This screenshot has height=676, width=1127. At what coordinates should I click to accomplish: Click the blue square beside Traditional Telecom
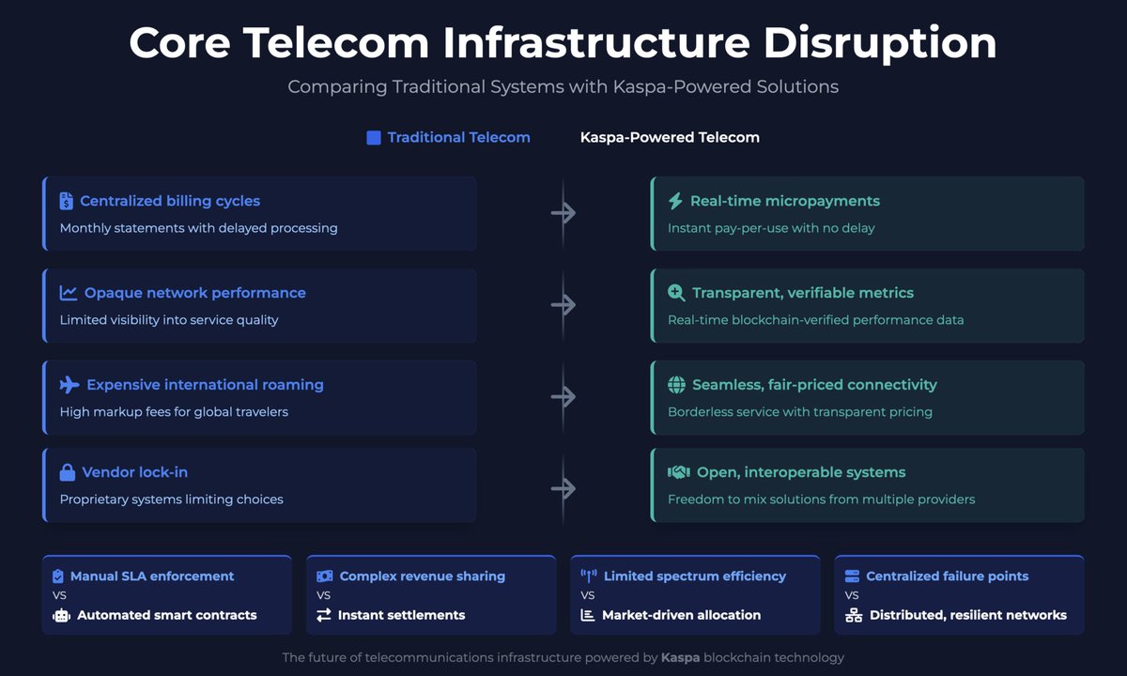click(x=373, y=138)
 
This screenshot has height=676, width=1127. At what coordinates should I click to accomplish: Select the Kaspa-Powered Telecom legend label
click(x=670, y=138)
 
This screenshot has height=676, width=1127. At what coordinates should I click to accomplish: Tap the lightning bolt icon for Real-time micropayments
click(x=675, y=201)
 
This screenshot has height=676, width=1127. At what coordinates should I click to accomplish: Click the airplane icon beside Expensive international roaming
click(x=69, y=385)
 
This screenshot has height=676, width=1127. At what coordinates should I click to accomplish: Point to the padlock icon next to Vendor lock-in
click(x=68, y=472)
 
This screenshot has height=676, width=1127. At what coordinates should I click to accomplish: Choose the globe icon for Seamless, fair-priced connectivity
click(x=676, y=385)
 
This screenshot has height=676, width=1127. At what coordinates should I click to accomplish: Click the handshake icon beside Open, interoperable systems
click(x=678, y=472)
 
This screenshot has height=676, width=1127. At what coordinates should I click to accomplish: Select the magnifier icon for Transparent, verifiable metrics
click(x=676, y=293)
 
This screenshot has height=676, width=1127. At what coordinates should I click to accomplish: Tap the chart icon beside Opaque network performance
click(x=69, y=293)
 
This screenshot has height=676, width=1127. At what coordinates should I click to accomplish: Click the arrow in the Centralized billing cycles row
click(x=563, y=213)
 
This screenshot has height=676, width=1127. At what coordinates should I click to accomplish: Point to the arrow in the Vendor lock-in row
click(x=563, y=488)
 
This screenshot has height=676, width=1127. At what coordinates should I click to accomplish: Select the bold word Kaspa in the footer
click(x=680, y=658)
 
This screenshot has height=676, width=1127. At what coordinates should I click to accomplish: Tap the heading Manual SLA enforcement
click(x=152, y=576)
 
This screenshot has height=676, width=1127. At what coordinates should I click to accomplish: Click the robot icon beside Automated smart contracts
click(x=61, y=616)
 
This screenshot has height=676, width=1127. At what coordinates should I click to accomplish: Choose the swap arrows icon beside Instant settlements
click(x=324, y=616)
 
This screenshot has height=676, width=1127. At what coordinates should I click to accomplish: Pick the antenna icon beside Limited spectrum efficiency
click(x=589, y=576)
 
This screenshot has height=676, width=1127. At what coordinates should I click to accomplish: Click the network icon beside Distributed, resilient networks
click(x=853, y=616)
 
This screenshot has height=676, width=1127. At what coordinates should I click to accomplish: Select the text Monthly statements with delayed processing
click(x=198, y=228)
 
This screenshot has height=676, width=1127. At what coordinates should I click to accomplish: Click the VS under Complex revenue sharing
click(x=324, y=595)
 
